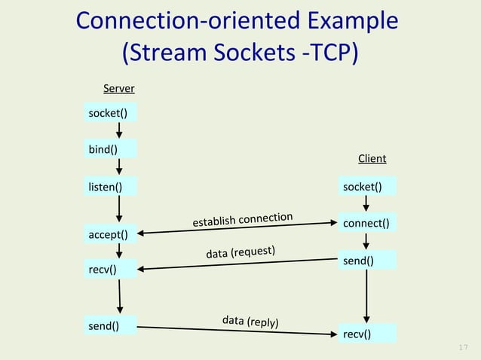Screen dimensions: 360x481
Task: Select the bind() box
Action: (x=110, y=148)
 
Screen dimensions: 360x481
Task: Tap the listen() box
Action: (x=110, y=185)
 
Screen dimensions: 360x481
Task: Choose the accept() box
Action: (x=110, y=234)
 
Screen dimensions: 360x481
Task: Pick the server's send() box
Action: (x=110, y=326)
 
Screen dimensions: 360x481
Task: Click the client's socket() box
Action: (x=368, y=186)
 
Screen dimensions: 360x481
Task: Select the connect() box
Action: (x=368, y=224)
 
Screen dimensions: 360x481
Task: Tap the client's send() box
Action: (x=368, y=261)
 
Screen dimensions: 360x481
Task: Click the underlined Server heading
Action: (x=118, y=89)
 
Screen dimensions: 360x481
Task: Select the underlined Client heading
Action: (x=372, y=158)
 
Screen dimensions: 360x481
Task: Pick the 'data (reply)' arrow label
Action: (x=251, y=322)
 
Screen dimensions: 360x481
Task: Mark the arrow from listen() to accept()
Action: (x=119, y=209)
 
